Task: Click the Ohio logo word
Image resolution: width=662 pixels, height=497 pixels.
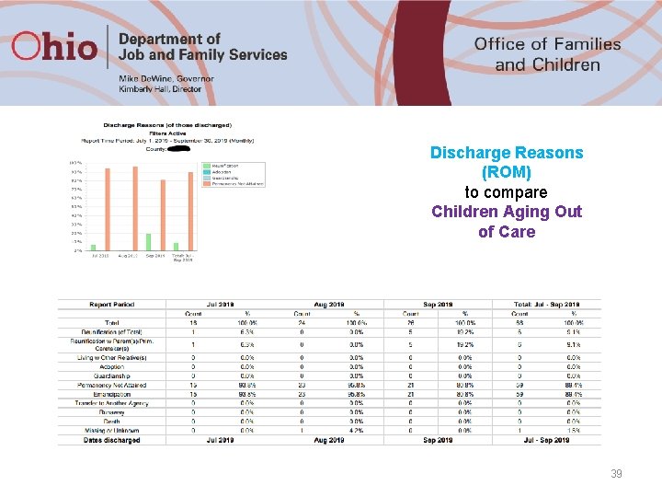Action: pyautogui.click(x=56, y=47)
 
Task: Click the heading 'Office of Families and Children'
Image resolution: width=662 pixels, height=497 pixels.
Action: pyautogui.click(x=547, y=54)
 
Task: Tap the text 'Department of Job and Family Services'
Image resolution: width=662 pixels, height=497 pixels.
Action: pyautogui.click(x=202, y=47)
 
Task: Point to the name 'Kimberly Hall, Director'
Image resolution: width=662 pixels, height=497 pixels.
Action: pyautogui.click(x=160, y=89)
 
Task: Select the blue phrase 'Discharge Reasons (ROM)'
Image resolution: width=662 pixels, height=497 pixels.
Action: pyautogui.click(x=506, y=162)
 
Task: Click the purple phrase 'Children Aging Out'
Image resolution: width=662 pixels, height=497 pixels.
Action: pyautogui.click(x=506, y=212)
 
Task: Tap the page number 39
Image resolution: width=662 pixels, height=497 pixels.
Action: pyautogui.click(x=617, y=474)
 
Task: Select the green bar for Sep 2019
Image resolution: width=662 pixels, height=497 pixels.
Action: pyautogui.click(x=148, y=241)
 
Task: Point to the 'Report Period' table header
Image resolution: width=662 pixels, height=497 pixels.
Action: pyautogui.click(x=112, y=305)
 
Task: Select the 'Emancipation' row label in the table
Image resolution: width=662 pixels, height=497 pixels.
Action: pyautogui.click(x=124, y=393)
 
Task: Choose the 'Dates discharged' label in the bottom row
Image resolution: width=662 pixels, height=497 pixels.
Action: pyautogui.click(x=112, y=441)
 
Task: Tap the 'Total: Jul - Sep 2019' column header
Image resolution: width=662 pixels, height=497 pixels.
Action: pyautogui.click(x=548, y=305)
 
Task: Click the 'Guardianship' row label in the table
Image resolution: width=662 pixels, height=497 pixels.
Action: pyautogui.click(x=125, y=376)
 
